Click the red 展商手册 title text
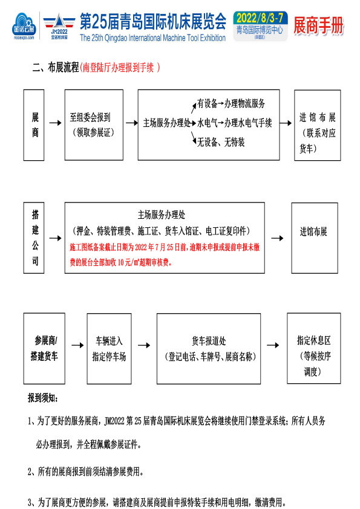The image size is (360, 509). click(318, 25)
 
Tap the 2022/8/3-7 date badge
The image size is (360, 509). click(260, 27)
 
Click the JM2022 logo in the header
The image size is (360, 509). click(59, 27)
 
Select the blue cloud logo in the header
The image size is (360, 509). click(24, 26)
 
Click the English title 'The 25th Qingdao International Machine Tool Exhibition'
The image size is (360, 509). click(152, 38)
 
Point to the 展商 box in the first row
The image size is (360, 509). click(34, 125)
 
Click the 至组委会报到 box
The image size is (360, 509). click(94, 125)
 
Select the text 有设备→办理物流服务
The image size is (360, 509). click(231, 103)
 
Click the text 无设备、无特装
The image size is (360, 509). click(221, 142)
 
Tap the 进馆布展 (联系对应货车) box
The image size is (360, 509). click(318, 125)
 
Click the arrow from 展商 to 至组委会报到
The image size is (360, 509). click(55, 123)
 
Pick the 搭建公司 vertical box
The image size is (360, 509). click(34, 238)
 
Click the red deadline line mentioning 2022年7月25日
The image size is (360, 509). click(165, 247)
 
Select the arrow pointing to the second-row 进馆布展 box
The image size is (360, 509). click(277, 238)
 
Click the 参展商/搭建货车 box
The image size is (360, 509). click(44, 348)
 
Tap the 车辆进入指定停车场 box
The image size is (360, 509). click(109, 349)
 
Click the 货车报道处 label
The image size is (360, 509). click(209, 341)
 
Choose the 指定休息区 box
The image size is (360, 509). click(314, 348)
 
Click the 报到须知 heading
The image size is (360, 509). click(43, 398)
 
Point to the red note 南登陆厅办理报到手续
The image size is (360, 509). click(120, 68)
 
